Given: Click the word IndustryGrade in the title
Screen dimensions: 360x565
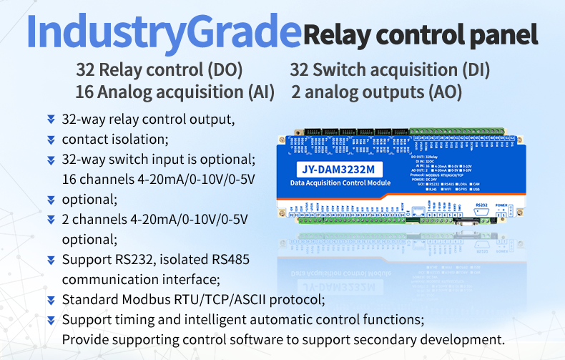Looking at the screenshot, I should [x=163, y=32].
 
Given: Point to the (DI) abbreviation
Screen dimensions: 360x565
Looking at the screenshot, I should [x=474, y=70].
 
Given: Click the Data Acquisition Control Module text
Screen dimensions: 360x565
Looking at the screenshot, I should [x=340, y=184].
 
